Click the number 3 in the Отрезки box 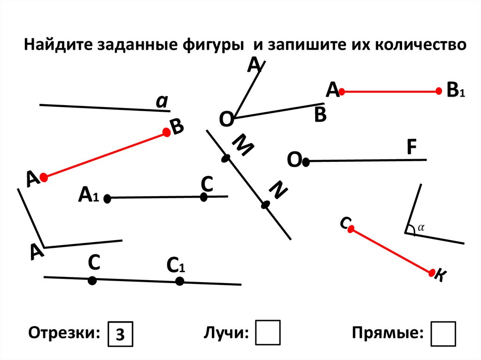[121, 334]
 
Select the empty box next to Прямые [443, 333]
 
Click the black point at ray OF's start [306, 162]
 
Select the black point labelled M [226, 159]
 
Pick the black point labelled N [265, 205]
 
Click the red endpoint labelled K [432, 272]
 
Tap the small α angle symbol [421, 227]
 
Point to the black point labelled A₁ [107, 199]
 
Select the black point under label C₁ [179, 281]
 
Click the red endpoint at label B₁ [439, 91]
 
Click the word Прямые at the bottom [387, 333]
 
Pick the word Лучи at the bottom [226, 333]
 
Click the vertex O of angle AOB [235, 117]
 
